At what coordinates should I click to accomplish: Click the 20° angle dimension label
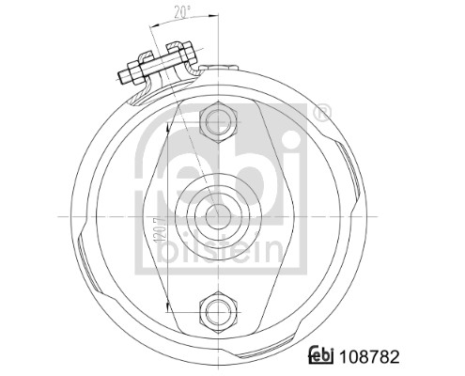(181, 11)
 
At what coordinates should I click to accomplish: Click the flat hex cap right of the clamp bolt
(194, 69)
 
